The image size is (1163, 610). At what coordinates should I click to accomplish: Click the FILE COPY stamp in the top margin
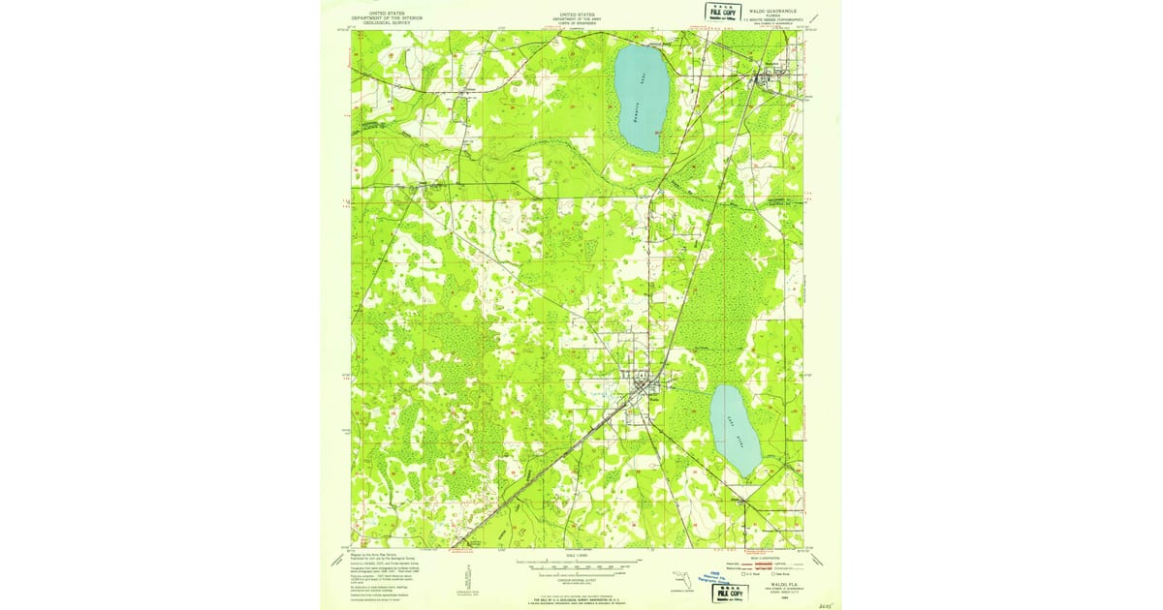720,11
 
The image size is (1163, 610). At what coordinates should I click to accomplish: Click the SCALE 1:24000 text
578,556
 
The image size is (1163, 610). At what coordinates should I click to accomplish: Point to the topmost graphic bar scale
578,562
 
